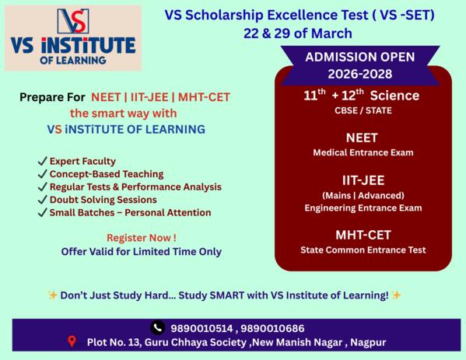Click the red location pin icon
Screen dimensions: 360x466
(x=72, y=341)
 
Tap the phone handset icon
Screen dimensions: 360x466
(x=158, y=327)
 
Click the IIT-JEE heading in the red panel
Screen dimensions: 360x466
(x=363, y=180)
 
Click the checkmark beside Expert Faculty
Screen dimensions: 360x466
(x=42, y=161)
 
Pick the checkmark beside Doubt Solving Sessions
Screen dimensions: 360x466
(x=42, y=199)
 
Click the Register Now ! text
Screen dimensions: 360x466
(x=141, y=237)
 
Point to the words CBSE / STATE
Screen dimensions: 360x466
(x=363, y=110)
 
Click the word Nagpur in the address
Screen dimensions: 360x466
(x=366, y=342)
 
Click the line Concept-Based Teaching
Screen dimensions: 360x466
(x=107, y=173)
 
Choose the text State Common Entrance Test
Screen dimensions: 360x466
(x=363, y=250)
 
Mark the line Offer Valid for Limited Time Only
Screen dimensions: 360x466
(x=141, y=251)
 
